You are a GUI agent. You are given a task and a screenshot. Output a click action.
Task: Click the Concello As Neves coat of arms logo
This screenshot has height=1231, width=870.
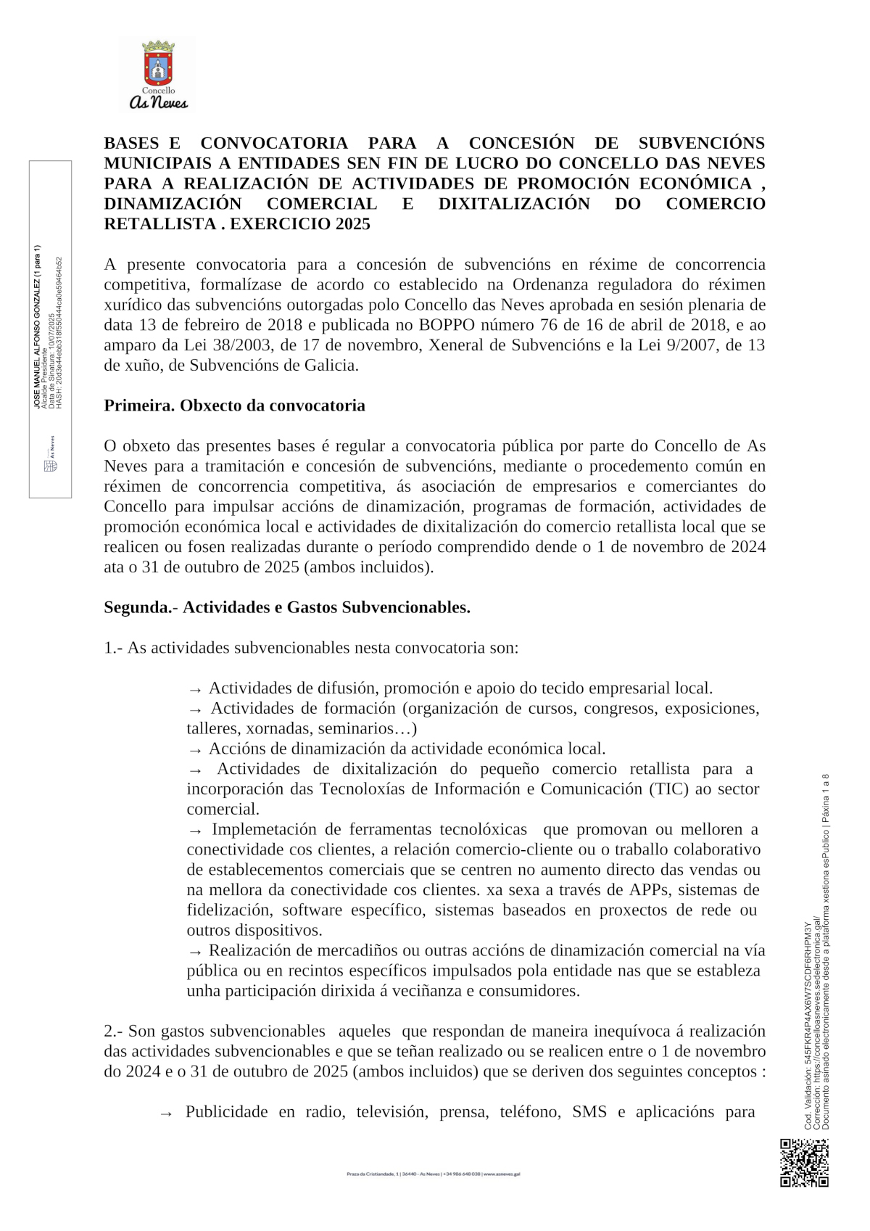158,75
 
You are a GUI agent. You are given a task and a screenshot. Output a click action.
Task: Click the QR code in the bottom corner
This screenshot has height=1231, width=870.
804,1163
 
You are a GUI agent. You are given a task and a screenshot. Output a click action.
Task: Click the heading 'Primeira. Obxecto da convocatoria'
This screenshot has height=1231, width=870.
234,405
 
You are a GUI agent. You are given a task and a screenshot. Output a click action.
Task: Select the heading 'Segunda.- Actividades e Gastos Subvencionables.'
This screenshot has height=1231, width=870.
287,607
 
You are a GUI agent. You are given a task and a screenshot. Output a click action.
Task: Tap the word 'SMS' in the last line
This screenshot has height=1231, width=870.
589,1112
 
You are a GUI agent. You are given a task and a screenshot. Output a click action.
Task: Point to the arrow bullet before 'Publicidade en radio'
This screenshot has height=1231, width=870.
166,1113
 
